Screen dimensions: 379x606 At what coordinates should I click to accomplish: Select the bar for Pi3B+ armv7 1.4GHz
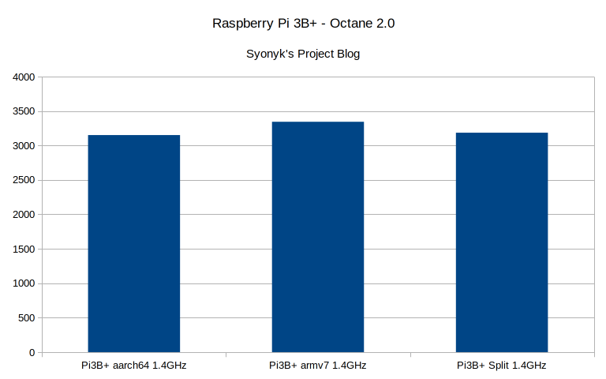317,237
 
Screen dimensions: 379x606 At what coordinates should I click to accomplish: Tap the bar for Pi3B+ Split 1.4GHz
502,242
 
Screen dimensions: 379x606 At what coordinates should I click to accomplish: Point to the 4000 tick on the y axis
24,77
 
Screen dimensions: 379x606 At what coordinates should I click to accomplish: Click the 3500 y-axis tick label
24,111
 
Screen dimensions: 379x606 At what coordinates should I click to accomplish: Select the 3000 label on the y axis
24,146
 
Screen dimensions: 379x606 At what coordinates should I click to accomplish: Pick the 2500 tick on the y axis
24,180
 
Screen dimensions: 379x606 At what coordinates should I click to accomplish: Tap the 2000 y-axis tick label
24,215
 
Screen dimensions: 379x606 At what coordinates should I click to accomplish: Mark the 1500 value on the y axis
24,250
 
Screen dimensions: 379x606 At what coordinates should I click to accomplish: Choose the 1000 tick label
24,283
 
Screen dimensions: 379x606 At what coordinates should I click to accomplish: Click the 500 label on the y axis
27,318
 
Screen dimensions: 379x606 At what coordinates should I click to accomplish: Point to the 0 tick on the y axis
32,352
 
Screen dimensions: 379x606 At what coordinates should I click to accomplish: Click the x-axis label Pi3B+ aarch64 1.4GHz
133,366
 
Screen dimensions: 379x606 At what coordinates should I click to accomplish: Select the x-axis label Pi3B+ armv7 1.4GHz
317,366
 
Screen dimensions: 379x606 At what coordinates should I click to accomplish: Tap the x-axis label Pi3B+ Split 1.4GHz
502,366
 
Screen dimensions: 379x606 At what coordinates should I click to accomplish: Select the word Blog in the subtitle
348,54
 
